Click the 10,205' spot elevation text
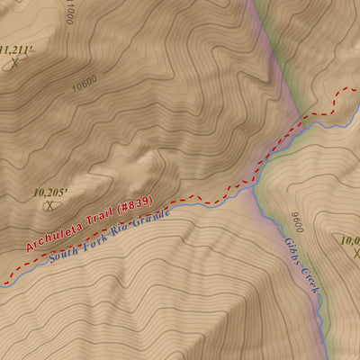coord(50,192)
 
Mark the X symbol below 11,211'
coord(14,64)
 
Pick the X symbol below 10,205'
coord(49,205)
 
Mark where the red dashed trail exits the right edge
coord(357,89)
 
